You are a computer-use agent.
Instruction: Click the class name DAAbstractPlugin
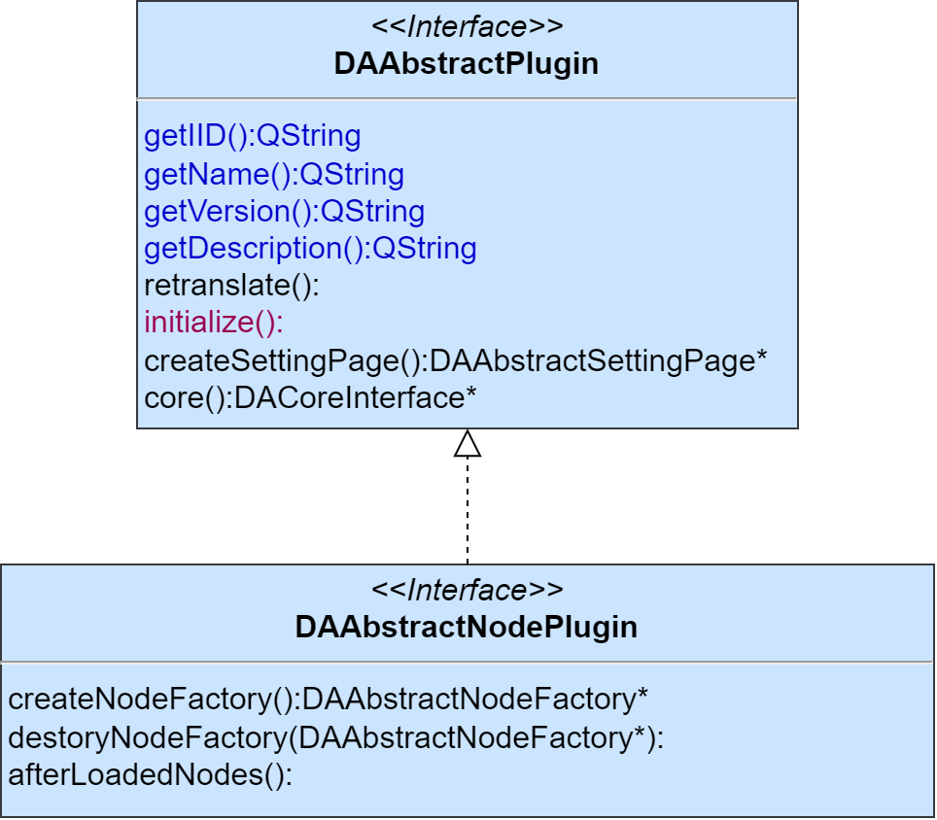point(467,64)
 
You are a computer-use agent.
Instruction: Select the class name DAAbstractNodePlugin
point(467,627)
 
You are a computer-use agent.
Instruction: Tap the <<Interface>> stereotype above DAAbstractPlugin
point(467,26)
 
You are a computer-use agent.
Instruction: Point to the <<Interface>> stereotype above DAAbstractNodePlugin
point(467,590)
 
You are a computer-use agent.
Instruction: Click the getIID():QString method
point(252,136)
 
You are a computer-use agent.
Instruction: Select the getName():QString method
point(274,175)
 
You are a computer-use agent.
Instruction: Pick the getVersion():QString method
point(284,212)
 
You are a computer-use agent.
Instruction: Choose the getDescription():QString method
point(310,249)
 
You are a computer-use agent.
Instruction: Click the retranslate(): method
point(231,287)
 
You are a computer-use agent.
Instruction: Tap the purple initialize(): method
point(214,323)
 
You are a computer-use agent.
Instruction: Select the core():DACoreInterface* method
point(310,398)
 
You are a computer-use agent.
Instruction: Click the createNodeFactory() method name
point(151,700)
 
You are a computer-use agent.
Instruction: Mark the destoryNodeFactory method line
point(335,738)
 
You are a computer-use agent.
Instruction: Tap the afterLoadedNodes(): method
point(150,776)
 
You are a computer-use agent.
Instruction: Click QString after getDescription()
point(425,249)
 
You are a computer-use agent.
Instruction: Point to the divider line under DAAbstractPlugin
point(467,98)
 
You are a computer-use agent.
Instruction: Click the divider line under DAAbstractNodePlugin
point(467,662)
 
